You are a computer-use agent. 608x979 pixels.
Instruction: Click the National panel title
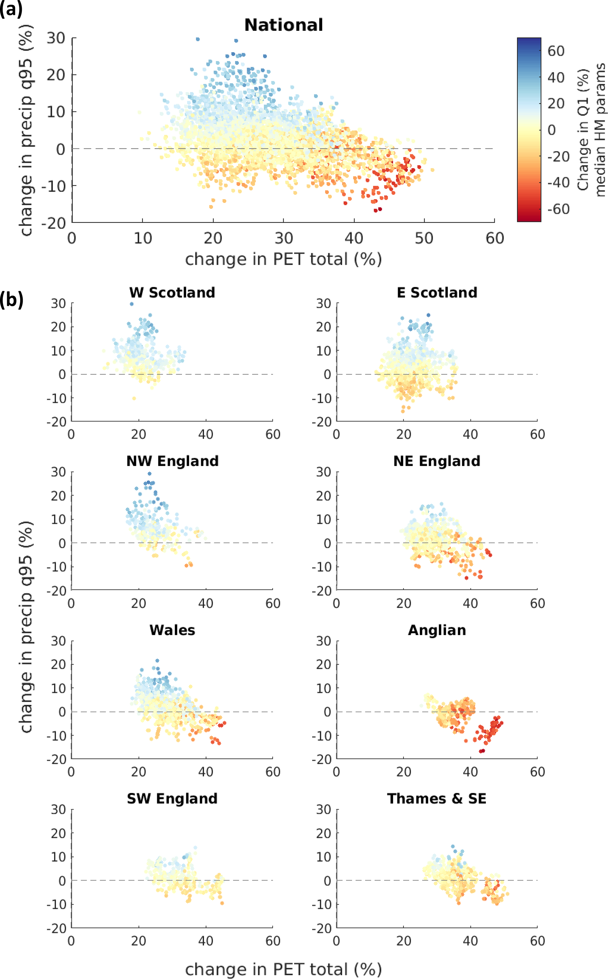coord(284,25)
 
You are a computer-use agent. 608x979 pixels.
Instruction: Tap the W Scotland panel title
coord(172,293)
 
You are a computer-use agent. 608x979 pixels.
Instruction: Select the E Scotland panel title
coord(437,293)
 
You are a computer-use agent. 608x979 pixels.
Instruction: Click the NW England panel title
coord(172,461)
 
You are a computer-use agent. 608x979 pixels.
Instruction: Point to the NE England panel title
coord(437,461)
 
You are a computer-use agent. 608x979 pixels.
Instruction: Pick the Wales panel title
coord(172,630)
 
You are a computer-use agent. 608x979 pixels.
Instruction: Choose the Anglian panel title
coord(437,630)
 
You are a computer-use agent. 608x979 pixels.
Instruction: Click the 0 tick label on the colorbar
coord(552,130)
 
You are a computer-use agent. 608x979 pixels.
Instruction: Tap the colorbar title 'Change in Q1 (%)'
coord(583,129)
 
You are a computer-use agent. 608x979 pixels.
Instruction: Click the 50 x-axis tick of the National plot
coord(424,238)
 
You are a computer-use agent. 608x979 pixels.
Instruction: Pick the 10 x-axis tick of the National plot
coord(142,238)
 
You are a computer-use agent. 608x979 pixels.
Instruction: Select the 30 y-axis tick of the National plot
coord(56,38)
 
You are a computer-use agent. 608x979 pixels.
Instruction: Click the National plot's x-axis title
coord(284,259)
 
